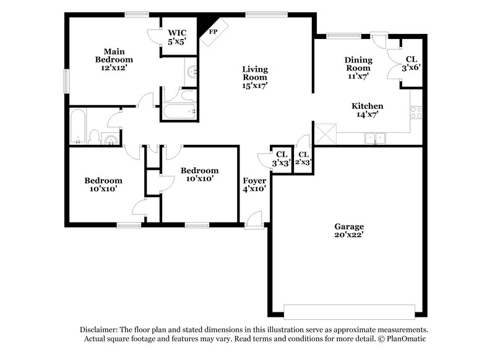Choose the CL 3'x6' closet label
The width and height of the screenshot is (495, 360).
411,64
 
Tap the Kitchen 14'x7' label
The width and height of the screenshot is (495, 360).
368,110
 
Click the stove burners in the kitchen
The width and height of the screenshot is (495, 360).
416,113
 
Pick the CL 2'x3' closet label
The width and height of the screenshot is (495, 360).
303,158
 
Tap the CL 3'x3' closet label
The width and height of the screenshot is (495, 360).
282,158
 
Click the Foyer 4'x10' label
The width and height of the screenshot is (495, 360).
254,184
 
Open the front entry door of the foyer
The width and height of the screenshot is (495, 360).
254,220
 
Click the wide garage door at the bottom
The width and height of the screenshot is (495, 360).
349,311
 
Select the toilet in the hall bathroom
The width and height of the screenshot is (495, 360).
95,136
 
